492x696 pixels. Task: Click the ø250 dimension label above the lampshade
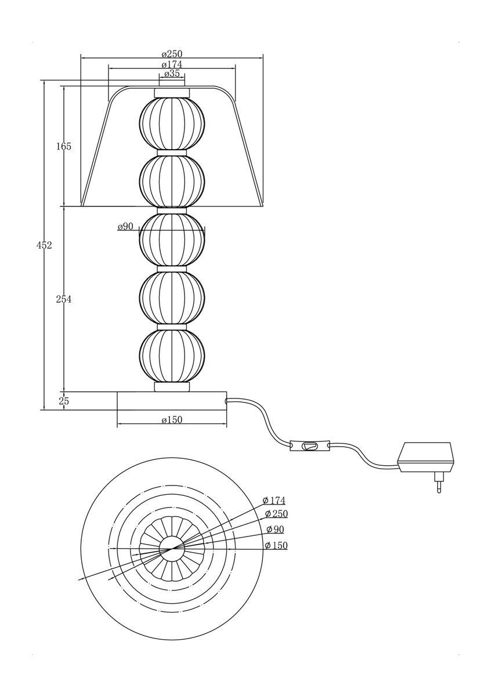pyautogui.click(x=172, y=54)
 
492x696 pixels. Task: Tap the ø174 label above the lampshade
pyautogui.click(x=172, y=64)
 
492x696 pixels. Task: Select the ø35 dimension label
pyautogui.click(x=172, y=74)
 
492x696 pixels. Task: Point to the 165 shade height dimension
pyautogui.click(x=64, y=146)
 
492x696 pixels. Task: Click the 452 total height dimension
pyautogui.click(x=44, y=245)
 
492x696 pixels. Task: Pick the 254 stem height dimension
pyautogui.click(x=64, y=299)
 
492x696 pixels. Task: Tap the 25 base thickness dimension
pyautogui.click(x=64, y=401)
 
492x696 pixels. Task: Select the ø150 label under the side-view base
pyautogui.click(x=172, y=420)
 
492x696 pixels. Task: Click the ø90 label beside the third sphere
pyautogui.click(x=125, y=227)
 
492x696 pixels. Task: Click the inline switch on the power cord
pyautogui.click(x=309, y=446)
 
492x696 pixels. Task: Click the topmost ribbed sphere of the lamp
pyautogui.click(x=172, y=124)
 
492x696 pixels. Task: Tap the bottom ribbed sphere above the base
pyautogui.click(x=172, y=356)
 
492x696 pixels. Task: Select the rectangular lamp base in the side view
pyautogui.click(x=172, y=401)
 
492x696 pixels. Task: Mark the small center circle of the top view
pyautogui.click(x=172, y=549)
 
